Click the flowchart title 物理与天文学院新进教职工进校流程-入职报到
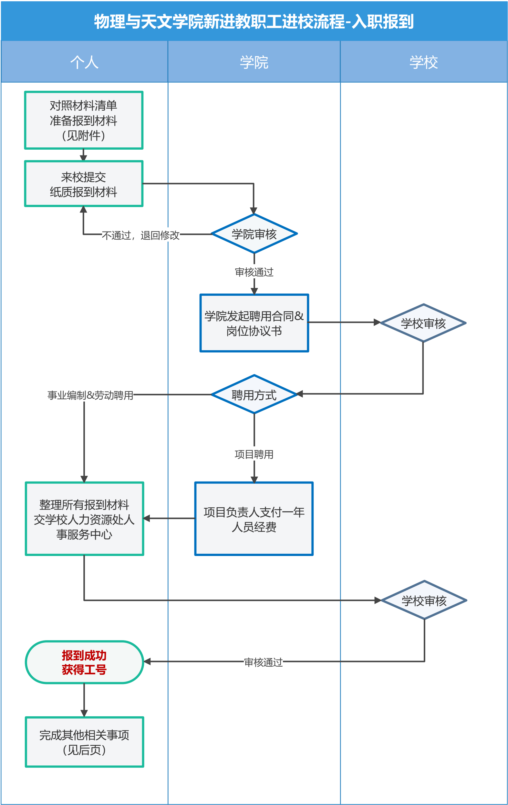(254, 21)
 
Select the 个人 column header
(84, 62)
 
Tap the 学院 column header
(254, 62)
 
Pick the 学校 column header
(424, 62)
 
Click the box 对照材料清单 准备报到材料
(84, 120)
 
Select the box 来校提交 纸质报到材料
(84, 184)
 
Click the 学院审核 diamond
(254, 234)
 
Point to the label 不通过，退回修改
(140, 235)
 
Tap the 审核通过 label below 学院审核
(254, 272)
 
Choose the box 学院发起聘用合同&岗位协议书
(254, 323)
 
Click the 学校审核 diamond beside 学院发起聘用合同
(423, 323)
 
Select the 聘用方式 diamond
(254, 395)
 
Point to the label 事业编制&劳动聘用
(90, 395)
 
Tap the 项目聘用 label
(254, 454)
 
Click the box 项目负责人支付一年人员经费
(254, 519)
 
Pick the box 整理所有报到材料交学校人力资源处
(84, 519)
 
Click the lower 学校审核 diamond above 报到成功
(424, 601)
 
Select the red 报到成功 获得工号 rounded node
(84, 662)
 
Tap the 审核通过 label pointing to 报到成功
(264, 662)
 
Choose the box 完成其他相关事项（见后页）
(84, 742)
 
